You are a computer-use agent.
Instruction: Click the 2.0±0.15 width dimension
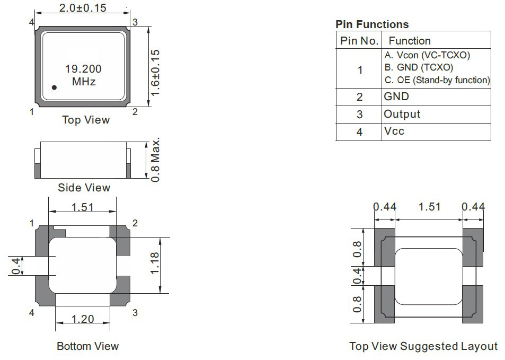(83, 8)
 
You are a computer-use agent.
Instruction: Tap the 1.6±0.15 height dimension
(155, 73)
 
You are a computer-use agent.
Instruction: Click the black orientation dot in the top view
(54, 87)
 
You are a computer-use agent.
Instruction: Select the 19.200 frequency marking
(83, 68)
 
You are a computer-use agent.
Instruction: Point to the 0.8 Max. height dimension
(155, 160)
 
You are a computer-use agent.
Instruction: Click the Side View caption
(84, 188)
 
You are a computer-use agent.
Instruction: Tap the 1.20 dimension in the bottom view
(83, 319)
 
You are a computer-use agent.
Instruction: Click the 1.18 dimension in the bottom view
(155, 263)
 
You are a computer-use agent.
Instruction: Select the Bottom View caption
(87, 346)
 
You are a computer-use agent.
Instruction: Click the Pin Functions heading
(372, 24)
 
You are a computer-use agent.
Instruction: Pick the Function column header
(410, 41)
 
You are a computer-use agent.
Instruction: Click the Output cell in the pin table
(402, 114)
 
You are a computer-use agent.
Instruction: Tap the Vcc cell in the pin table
(394, 131)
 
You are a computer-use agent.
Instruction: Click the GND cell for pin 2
(396, 96)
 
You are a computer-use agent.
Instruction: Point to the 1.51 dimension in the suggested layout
(429, 207)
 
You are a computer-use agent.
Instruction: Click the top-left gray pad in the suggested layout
(385, 247)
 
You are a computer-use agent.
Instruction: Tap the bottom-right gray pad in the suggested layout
(473, 304)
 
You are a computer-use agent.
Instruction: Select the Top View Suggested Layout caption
(423, 346)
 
